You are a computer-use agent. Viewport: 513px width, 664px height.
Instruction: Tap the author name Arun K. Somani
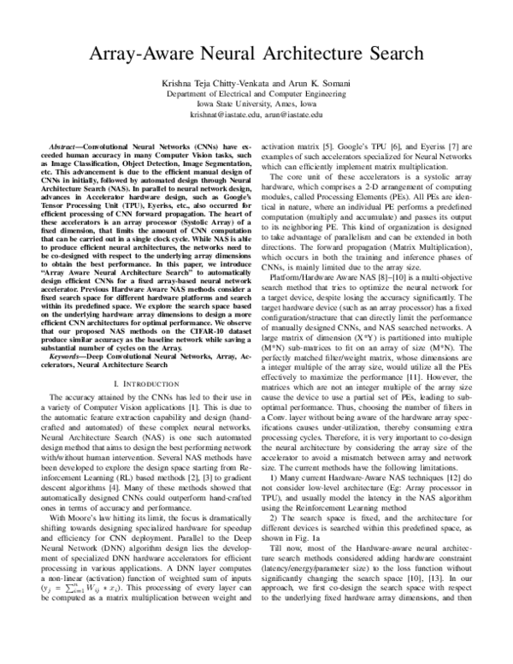(x=299, y=83)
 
